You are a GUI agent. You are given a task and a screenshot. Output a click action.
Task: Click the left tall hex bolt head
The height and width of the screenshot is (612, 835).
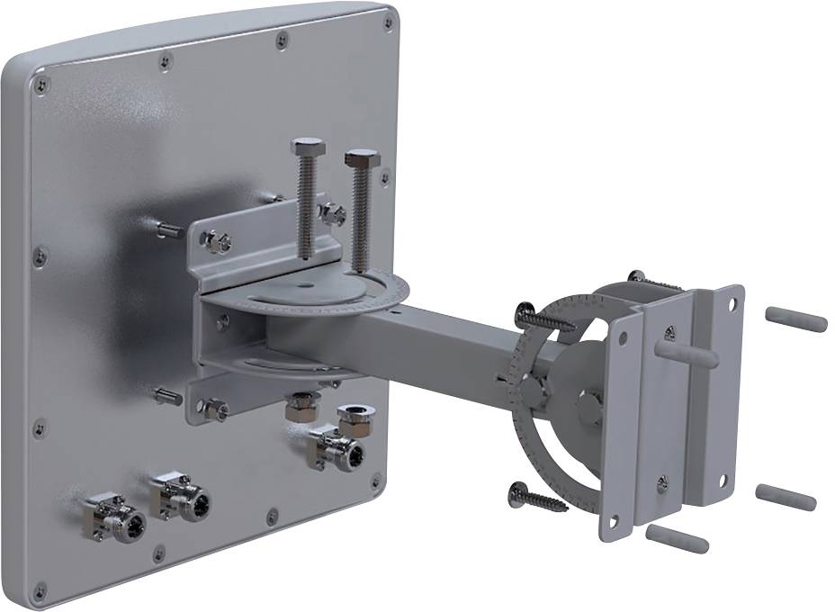click(x=308, y=147)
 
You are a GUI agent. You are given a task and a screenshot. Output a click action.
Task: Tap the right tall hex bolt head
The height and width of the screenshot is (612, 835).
click(x=362, y=159)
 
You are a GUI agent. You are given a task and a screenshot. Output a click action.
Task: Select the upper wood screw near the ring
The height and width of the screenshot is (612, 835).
click(x=543, y=319)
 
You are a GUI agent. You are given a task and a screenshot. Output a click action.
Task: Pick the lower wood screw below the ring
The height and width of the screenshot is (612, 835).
click(x=537, y=497)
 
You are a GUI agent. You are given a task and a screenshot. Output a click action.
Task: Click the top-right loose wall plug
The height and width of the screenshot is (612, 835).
click(x=795, y=319)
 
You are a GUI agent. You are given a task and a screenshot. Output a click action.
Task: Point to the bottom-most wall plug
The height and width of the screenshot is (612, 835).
click(x=677, y=538)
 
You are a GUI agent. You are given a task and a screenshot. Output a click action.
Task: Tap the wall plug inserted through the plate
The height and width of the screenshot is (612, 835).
click(x=687, y=351)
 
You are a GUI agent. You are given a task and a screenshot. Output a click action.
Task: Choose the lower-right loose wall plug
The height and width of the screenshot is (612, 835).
click(x=786, y=496)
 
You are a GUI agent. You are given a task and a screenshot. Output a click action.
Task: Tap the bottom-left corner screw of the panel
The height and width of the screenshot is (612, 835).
click(x=40, y=591)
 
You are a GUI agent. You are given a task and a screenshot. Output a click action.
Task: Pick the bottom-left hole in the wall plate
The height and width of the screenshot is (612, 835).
click(x=615, y=523)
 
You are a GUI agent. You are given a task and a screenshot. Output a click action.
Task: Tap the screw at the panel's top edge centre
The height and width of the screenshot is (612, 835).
click(x=283, y=40)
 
